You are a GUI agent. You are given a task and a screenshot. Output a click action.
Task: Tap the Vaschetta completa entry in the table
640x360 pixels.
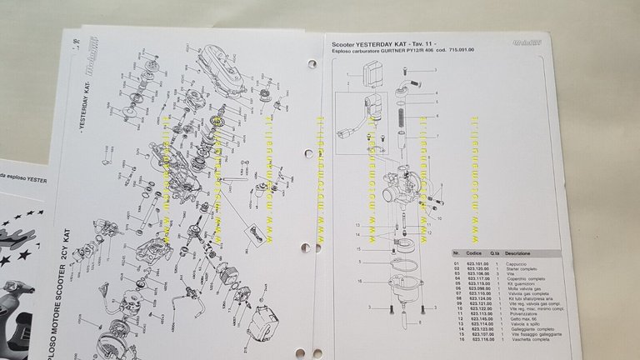click(x=532, y=342)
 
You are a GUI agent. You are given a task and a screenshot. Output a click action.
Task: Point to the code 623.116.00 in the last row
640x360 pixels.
click(x=481, y=342)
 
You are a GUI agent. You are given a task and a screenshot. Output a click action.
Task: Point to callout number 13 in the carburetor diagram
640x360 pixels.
click(x=357, y=225)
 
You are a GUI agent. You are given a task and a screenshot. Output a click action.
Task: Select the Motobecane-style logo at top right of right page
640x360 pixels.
click(x=550, y=42)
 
